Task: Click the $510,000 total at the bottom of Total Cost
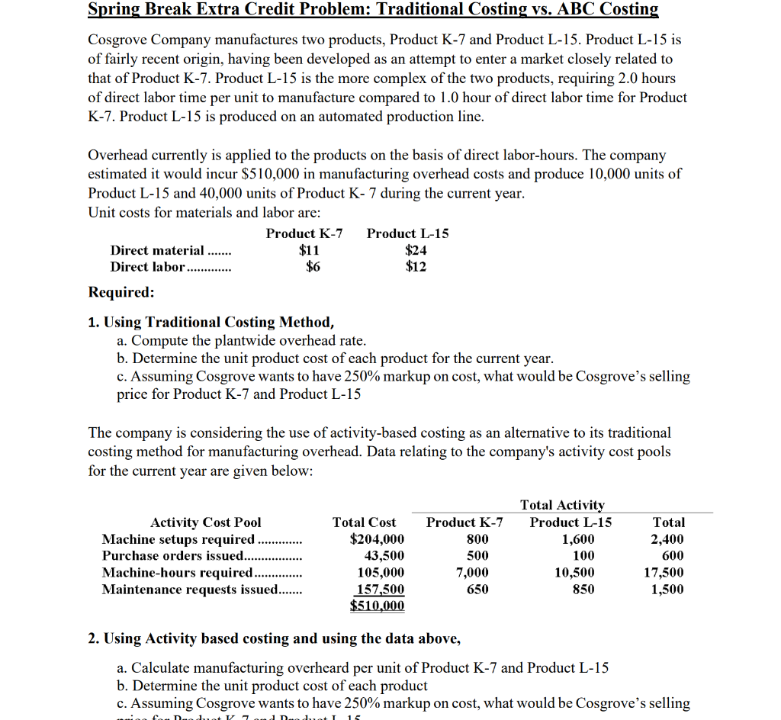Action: point(378,606)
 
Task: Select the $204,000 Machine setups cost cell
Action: point(377,539)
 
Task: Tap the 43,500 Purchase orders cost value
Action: point(384,556)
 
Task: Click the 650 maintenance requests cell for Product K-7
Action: point(477,590)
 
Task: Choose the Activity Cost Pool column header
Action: point(205,522)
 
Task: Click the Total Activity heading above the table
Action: point(562,505)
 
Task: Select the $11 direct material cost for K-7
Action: point(309,250)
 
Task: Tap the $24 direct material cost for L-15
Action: point(416,250)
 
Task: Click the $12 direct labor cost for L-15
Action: point(416,267)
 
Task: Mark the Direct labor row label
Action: point(148,267)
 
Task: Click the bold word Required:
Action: point(121,293)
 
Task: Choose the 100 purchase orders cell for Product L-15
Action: point(583,556)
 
